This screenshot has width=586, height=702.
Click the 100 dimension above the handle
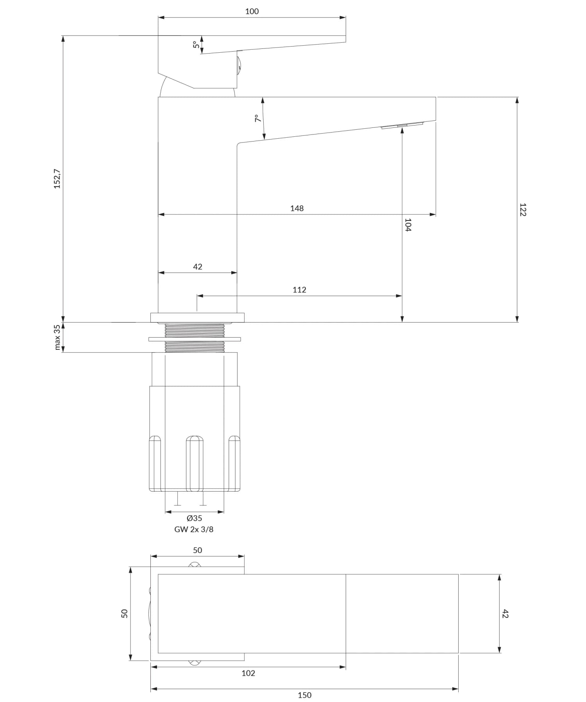[252, 11]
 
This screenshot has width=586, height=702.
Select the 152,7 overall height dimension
[57, 179]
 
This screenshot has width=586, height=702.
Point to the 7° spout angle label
[258, 118]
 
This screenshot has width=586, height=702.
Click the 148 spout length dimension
[297, 208]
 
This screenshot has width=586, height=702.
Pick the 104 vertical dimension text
[408, 225]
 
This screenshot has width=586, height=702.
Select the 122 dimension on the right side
[523, 210]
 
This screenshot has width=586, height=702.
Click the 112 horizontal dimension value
[299, 290]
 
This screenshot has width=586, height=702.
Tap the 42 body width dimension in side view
[198, 267]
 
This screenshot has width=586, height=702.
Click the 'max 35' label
[57, 337]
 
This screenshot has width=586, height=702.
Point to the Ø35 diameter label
[194, 518]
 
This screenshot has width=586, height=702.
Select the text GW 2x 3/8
[194, 530]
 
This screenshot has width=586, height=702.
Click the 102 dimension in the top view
[248, 673]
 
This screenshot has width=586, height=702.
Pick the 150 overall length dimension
[305, 695]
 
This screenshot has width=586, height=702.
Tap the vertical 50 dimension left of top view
[125, 613]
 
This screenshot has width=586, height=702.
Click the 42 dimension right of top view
[505, 614]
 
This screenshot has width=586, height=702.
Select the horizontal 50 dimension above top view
[198, 550]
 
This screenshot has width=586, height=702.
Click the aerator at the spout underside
[402, 125]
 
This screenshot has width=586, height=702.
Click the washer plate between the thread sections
[195, 339]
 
